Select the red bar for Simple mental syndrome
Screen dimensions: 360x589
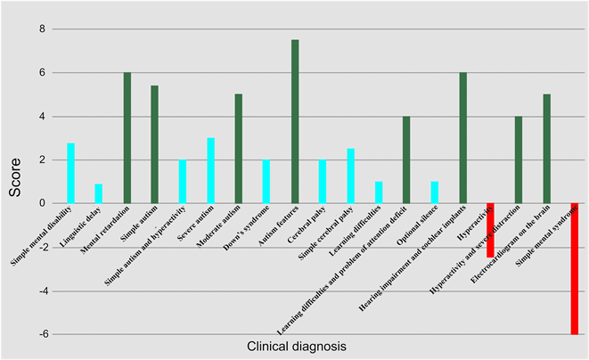pyautogui.click(x=574, y=268)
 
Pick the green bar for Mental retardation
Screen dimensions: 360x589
pyautogui.click(x=127, y=138)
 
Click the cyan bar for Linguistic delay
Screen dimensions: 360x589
pyautogui.click(x=99, y=193)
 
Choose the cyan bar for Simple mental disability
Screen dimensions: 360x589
pyautogui.click(x=70, y=173)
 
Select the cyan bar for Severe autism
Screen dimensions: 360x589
pyautogui.click(x=210, y=171)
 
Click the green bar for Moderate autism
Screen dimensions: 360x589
pyautogui.click(x=238, y=149)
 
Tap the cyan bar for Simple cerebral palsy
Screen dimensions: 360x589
pyautogui.click(x=350, y=176)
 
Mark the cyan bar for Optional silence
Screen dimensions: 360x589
pyautogui.click(x=434, y=192)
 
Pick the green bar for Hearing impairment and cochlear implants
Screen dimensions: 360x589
pyautogui.click(x=462, y=138)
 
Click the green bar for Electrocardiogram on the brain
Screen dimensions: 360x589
pyautogui.click(x=546, y=149)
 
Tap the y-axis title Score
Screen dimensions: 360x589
pyautogui.click(x=16, y=181)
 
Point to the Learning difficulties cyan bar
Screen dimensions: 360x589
pyautogui.click(x=379, y=192)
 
